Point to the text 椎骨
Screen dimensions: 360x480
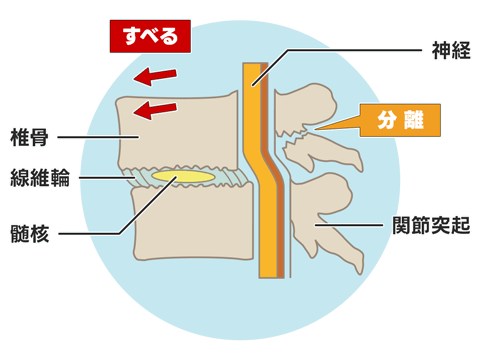point(28,135)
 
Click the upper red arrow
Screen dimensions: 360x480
point(156,75)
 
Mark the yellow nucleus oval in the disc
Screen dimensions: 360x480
point(182,177)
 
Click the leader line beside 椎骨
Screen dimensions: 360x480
point(85,135)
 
